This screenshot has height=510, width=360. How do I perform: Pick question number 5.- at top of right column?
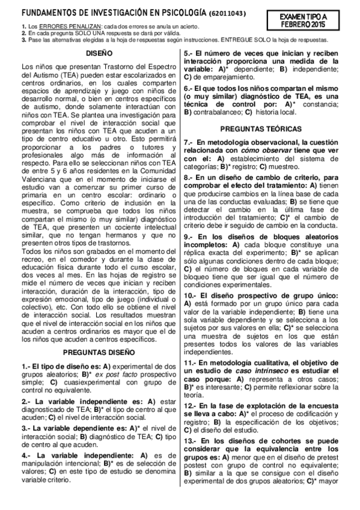188,53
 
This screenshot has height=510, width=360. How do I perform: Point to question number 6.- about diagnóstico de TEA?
188,88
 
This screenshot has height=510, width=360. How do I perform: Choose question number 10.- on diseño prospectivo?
191,296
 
